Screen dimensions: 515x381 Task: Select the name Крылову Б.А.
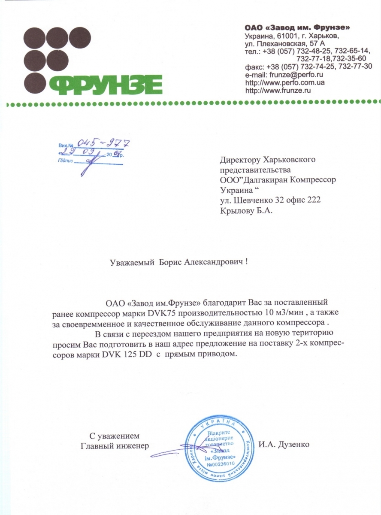pyautogui.click(x=245, y=210)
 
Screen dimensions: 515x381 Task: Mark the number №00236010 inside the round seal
pyautogui.click(x=221, y=464)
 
